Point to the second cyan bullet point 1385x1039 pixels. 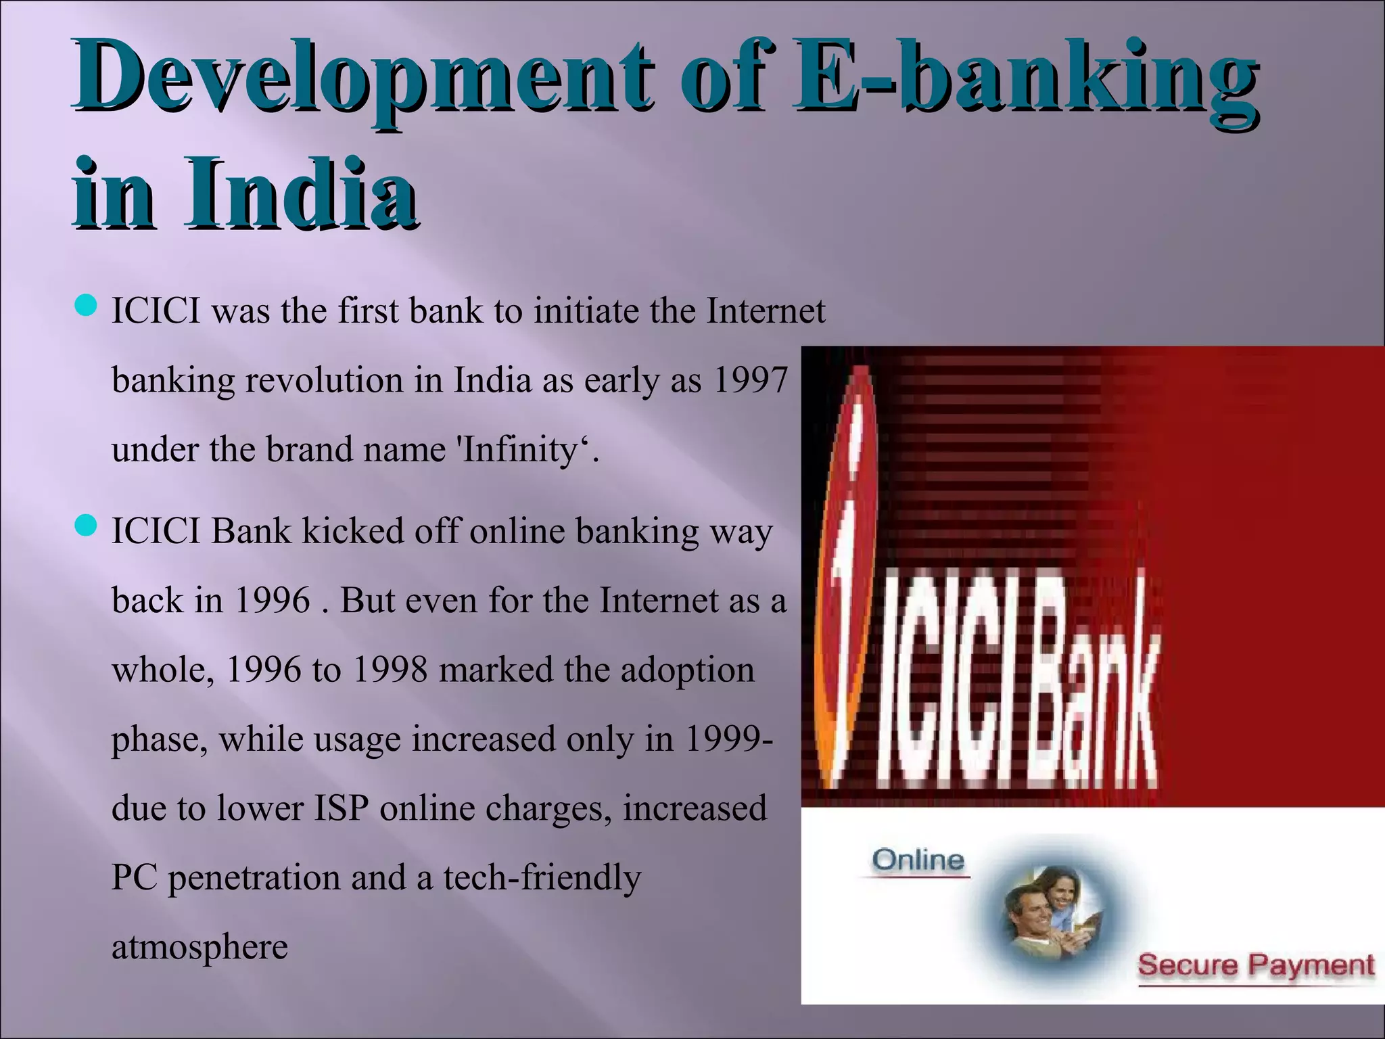pos(86,526)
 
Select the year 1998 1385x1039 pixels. pos(390,670)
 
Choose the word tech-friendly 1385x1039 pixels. pos(542,878)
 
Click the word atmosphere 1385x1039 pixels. pos(199,947)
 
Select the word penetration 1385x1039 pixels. pos(254,878)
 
